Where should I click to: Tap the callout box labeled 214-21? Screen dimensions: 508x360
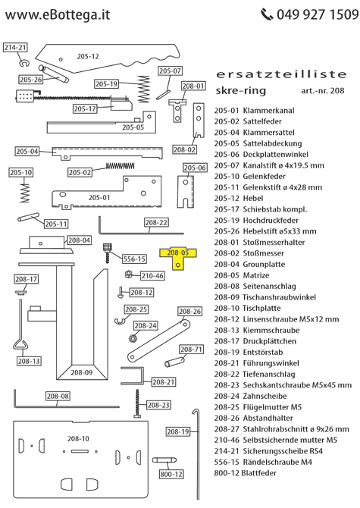click(15, 47)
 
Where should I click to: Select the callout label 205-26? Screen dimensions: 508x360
click(31, 79)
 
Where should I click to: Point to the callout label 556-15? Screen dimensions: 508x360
click(134, 259)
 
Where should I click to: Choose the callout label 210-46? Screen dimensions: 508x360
click(152, 275)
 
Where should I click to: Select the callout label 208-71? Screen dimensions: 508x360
click(193, 350)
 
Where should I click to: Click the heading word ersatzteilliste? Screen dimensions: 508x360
click(281, 74)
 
